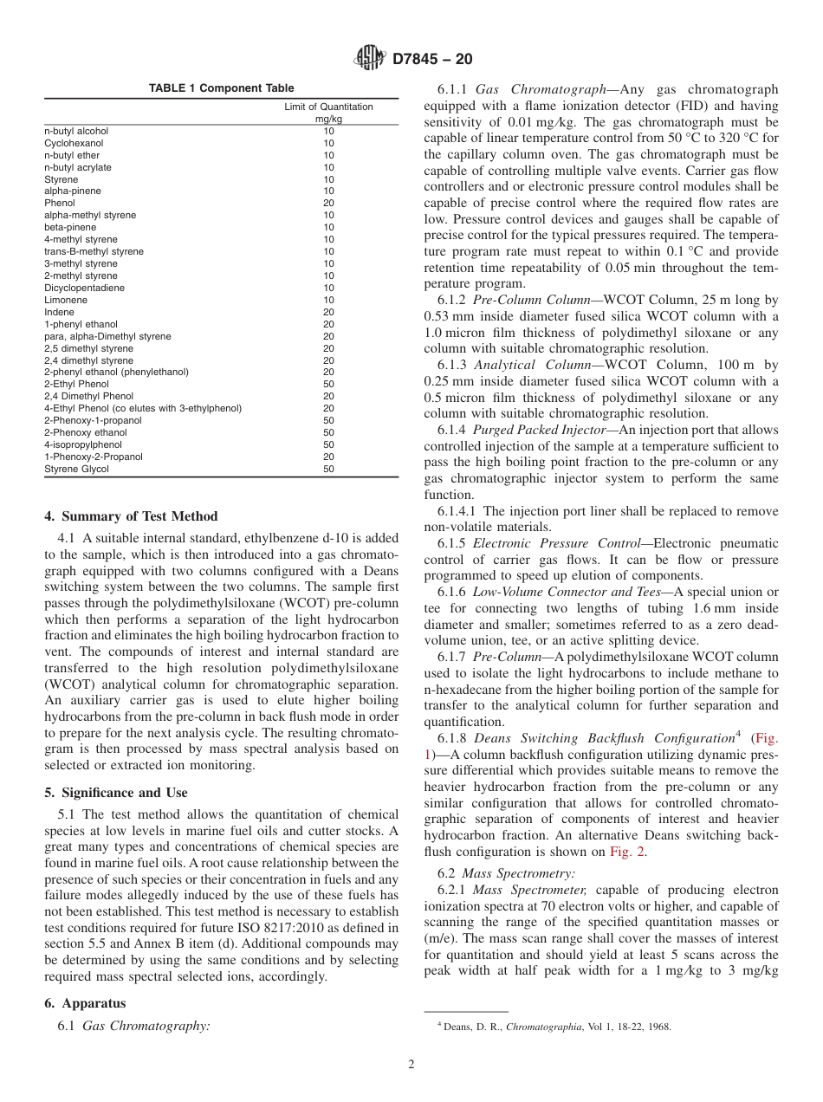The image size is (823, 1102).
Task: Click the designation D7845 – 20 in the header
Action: (432, 60)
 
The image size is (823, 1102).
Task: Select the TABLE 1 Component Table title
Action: (221, 88)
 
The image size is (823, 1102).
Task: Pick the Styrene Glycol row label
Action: (76, 469)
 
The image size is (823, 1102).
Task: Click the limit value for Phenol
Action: (328, 203)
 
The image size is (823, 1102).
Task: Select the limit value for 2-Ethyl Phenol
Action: (328, 384)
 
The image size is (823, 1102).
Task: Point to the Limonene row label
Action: (66, 300)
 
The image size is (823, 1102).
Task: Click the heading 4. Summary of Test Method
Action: (131, 516)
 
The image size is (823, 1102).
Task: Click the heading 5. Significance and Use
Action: (115, 792)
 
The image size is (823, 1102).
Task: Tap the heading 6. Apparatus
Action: (85, 1002)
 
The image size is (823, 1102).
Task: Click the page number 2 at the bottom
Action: (411, 1064)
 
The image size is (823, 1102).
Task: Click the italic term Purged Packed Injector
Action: (541, 430)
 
